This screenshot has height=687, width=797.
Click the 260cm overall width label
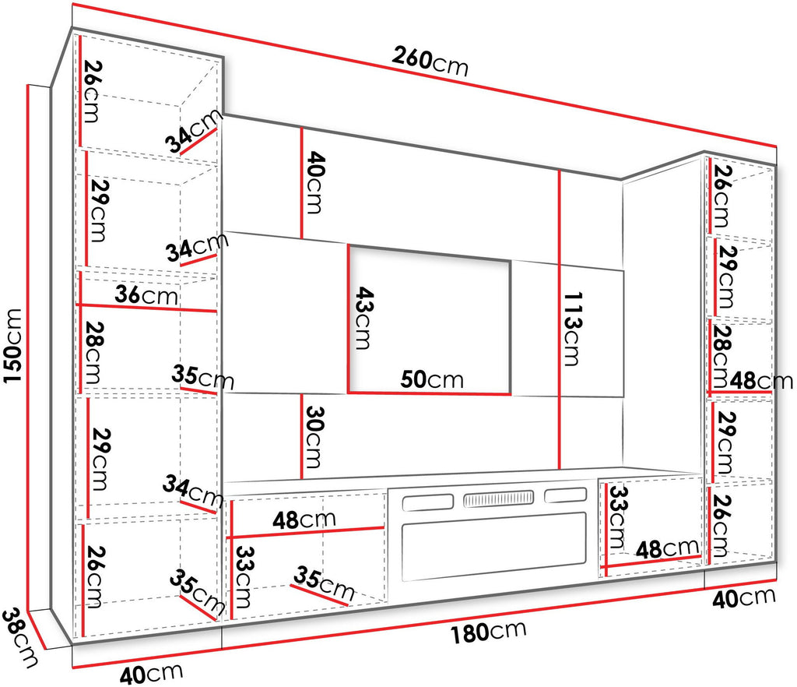(430, 61)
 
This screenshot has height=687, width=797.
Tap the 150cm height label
(12, 345)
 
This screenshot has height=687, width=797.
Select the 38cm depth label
(19, 638)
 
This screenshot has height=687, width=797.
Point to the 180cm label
(489, 632)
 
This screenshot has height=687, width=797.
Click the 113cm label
(573, 329)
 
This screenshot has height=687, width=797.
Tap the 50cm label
(432, 379)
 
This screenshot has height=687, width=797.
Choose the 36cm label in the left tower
(146, 294)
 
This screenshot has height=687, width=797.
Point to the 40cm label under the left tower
(151, 674)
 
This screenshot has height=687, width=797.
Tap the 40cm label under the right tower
(743, 597)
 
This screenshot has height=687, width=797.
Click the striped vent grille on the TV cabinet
(498, 499)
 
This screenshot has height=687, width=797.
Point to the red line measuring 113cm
(559, 320)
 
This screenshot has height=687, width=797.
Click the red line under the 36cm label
(146, 308)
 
